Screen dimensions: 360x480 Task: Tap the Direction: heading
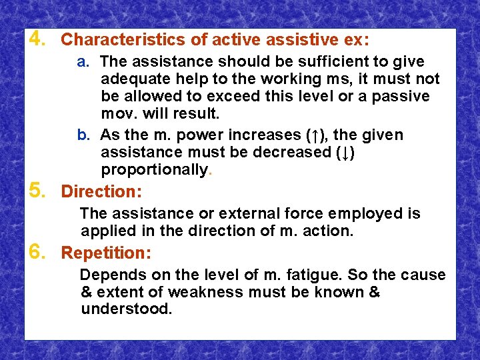click(x=101, y=192)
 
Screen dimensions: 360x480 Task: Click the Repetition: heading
click(x=106, y=253)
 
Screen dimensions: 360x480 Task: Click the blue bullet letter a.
click(x=83, y=62)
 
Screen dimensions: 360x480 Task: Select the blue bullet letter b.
click(x=83, y=135)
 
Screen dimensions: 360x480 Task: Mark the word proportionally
click(x=154, y=170)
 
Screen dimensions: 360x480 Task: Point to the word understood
click(x=126, y=309)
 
